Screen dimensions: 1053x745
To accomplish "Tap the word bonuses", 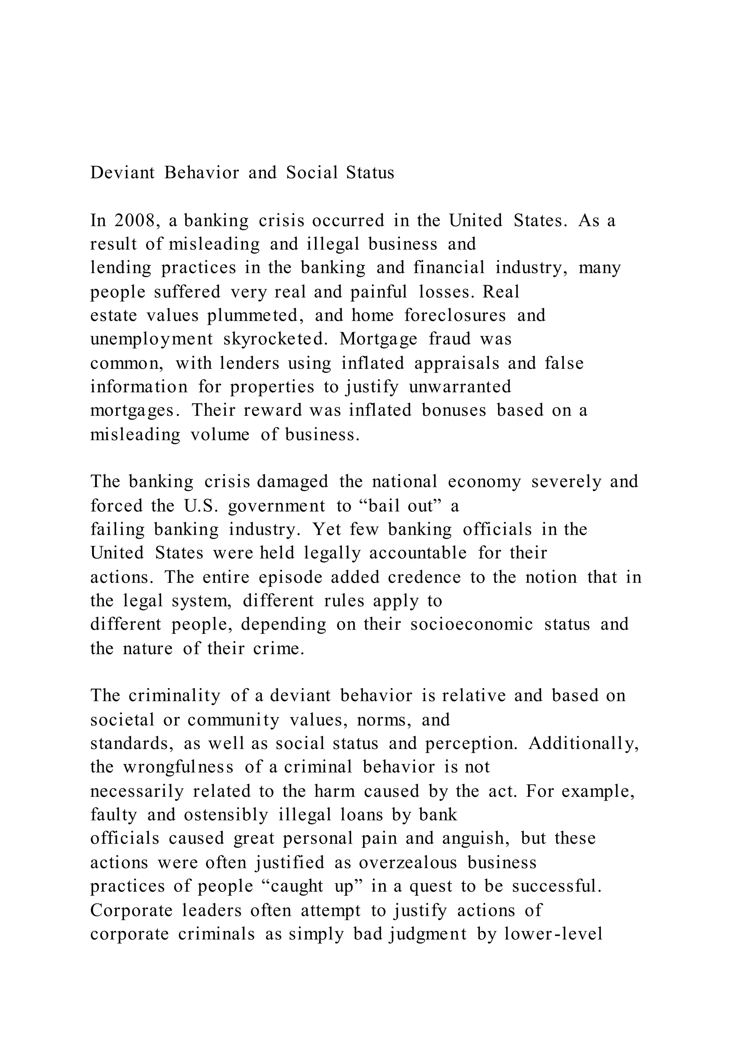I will (x=454, y=410).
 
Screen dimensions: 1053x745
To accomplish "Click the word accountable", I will (x=418, y=553).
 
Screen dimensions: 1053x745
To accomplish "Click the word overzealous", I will (x=408, y=862).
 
